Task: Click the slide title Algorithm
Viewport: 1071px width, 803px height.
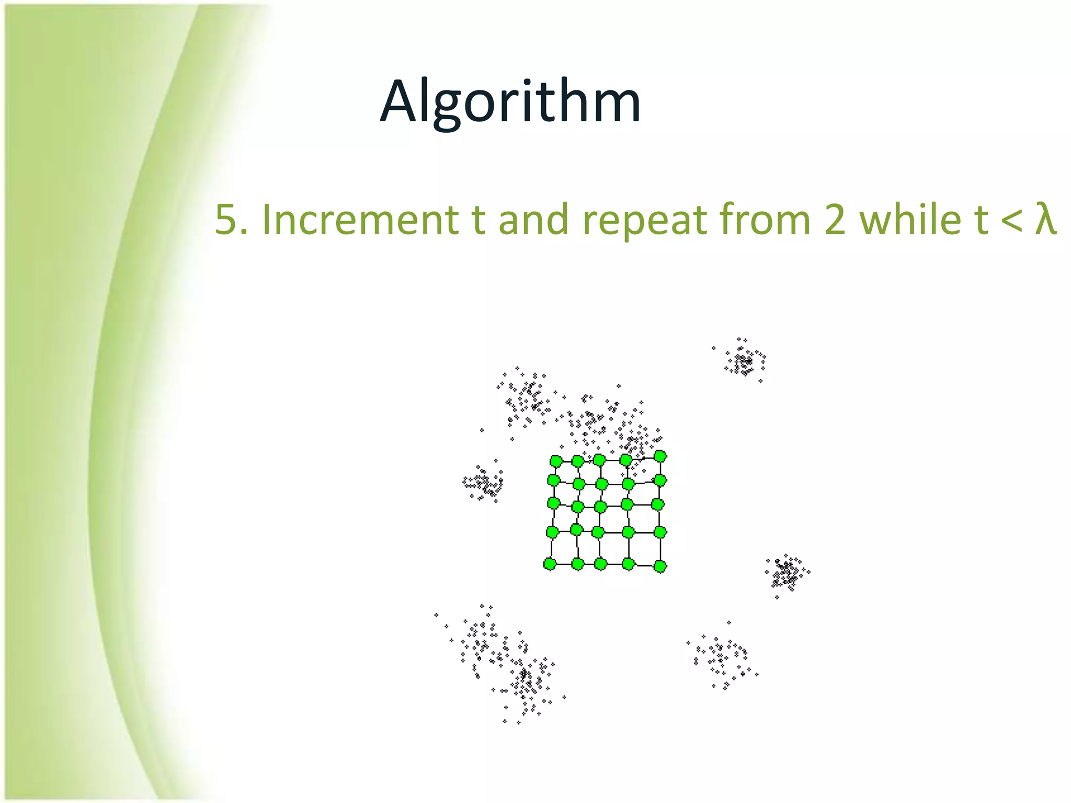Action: click(510, 102)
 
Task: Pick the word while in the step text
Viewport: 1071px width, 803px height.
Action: click(910, 220)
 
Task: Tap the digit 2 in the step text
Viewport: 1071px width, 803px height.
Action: click(834, 220)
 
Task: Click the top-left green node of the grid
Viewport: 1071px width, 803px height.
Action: click(556, 462)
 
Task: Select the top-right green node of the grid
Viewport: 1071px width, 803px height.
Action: click(660, 456)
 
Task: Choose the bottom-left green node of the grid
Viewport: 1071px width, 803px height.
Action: click(550, 564)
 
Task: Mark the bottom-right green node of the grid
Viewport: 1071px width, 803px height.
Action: click(660, 566)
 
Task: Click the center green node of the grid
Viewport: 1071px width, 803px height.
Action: click(600, 507)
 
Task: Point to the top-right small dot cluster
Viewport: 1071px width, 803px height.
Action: click(744, 361)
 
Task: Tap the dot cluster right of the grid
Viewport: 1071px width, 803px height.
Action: click(787, 572)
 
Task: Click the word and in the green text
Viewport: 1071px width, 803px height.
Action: click(533, 220)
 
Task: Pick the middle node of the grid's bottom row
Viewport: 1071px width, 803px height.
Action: click(600, 564)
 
